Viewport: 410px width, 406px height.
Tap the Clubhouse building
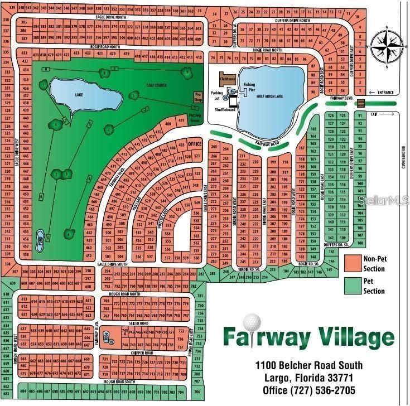tap(227, 79)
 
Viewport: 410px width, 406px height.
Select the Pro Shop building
tap(197, 96)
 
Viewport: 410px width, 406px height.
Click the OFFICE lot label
tap(194, 143)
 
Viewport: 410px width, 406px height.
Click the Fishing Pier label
tap(249, 86)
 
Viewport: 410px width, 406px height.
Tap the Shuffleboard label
tap(225, 110)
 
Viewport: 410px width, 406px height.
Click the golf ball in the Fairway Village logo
tap(253, 324)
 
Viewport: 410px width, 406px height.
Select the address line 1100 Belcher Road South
tap(308, 365)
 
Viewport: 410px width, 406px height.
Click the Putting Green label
tap(195, 119)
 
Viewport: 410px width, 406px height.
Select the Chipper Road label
tap(141, 353)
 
